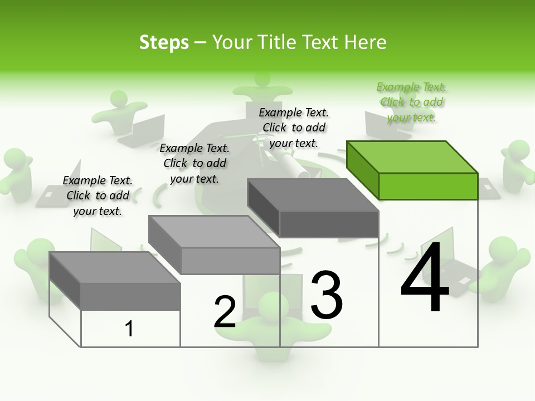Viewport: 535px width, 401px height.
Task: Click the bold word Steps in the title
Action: pos(164,42)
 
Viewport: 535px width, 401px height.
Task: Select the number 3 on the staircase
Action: pos(326,295)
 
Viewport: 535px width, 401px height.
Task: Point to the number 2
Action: pos(225,312)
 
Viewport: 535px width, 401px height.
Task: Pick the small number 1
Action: pos(129,329)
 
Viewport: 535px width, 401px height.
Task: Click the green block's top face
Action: pos(411,157)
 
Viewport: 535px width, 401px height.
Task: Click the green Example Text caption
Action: pos(411,102)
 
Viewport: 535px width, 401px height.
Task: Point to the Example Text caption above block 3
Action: pos(294,128)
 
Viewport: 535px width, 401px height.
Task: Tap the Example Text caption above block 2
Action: pos(194,163)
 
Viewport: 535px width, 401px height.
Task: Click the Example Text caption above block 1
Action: pos(98,195)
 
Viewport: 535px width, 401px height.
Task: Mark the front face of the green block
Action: pos(428,186)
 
